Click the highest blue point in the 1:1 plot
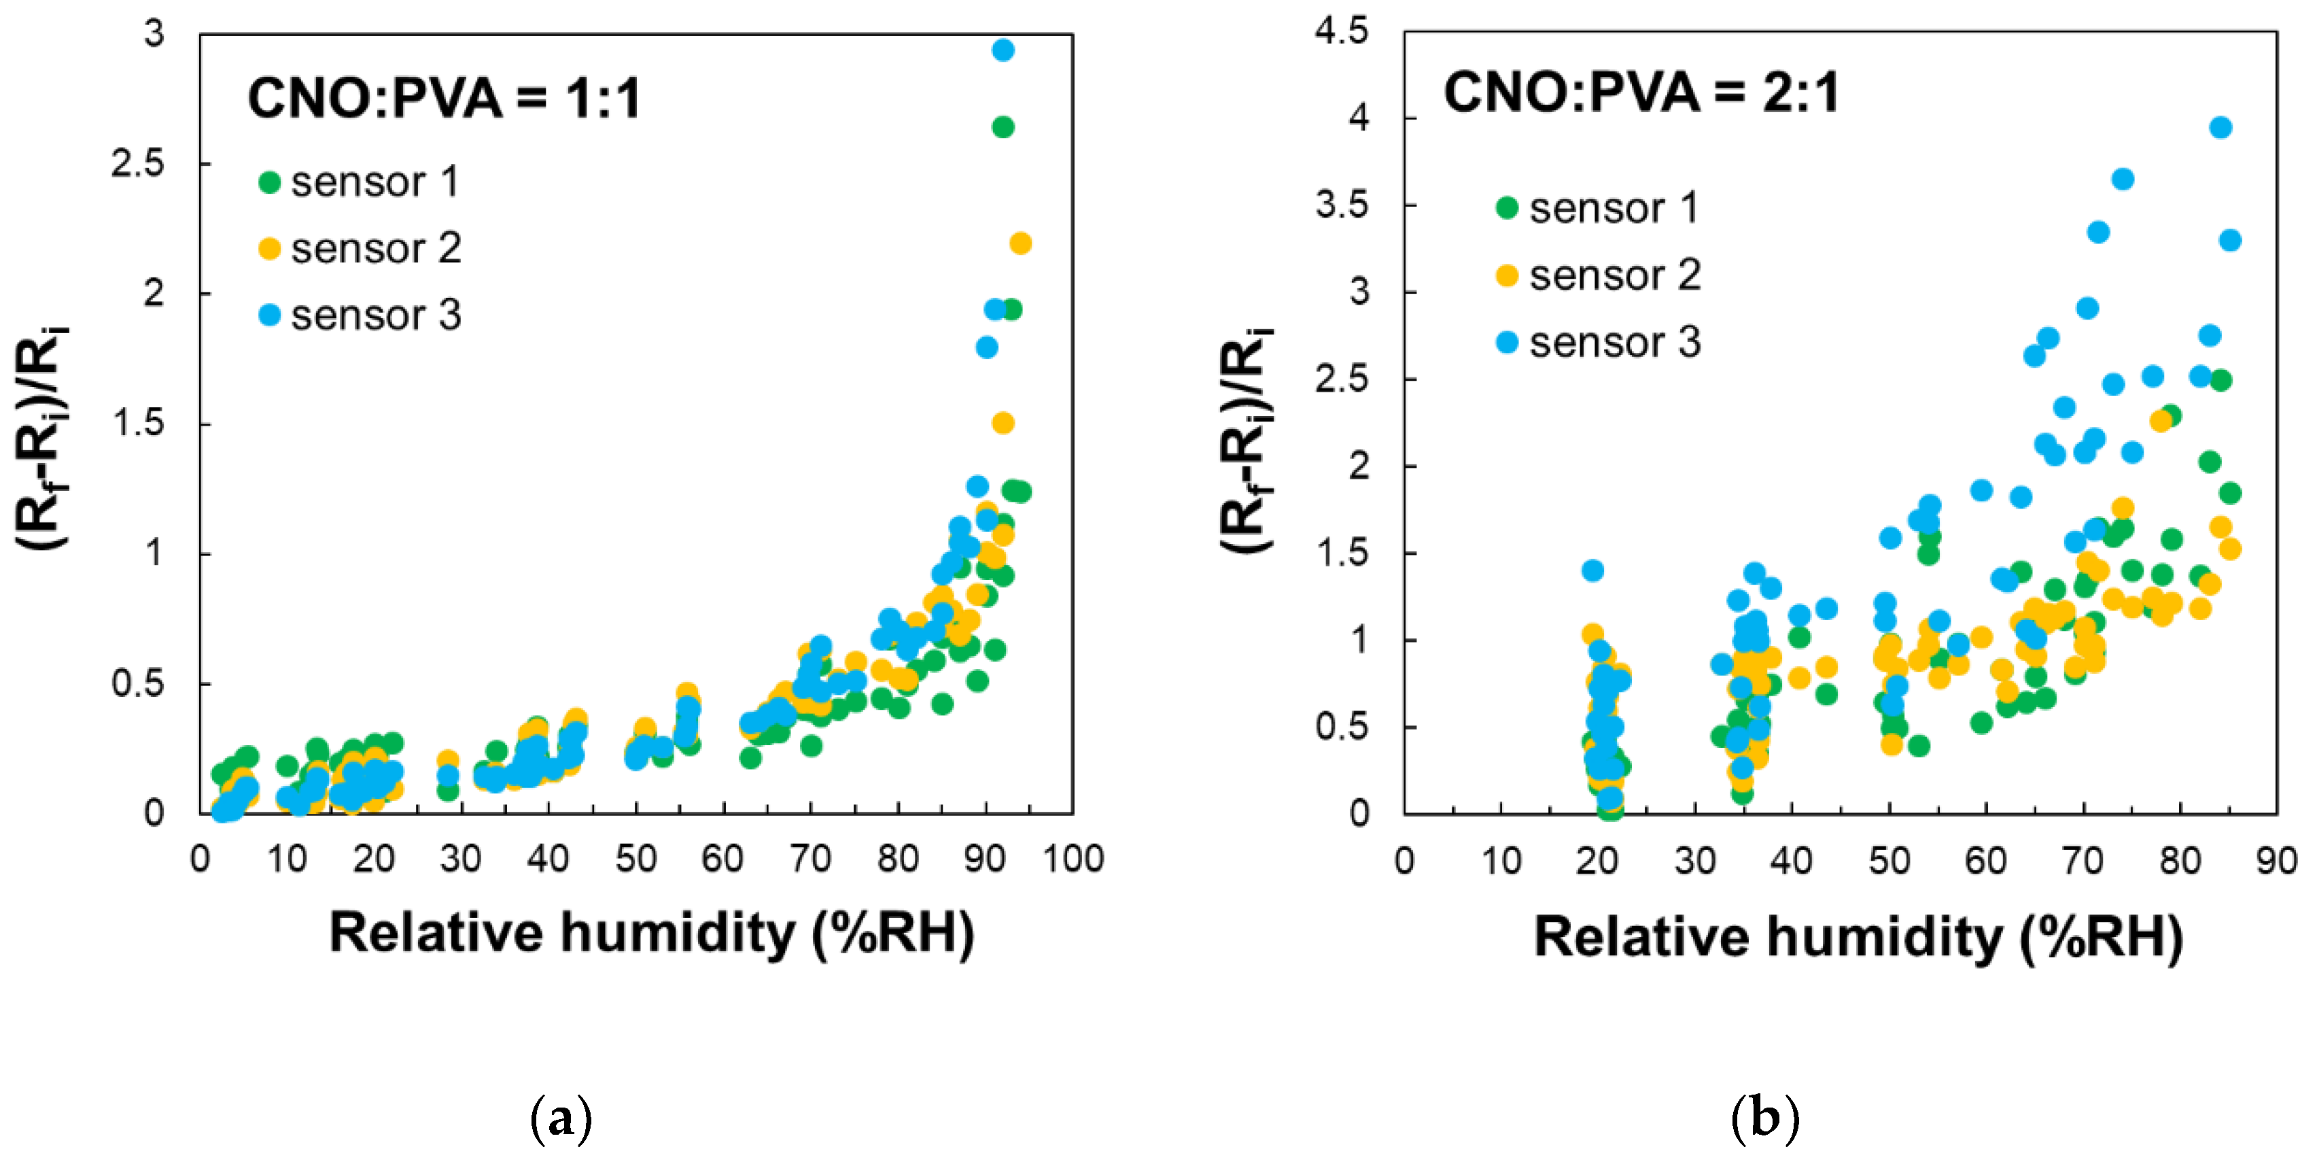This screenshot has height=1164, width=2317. (x=1003, y=50)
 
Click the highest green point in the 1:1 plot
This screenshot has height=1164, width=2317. (x=1003, y=128)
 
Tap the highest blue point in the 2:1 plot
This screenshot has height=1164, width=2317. (x=2220, y=128)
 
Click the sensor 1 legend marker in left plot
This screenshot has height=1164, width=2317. (x=269, y=183)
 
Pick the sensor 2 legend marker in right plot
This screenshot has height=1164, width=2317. (x=1507, y=275)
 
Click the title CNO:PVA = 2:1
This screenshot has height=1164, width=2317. (x=1641, y=92)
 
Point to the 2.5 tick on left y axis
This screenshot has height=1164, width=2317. (x=137, y=164)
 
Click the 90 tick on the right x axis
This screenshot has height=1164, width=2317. (x=2276, y=861)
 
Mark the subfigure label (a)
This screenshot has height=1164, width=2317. (x=561, y=1118)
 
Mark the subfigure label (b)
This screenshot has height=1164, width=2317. (x=1764, y=1118)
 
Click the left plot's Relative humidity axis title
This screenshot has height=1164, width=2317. (x=651, y=933)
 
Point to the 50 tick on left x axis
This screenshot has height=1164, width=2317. (x=635, y=859)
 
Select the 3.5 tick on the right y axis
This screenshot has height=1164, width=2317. (x=1340, y=206)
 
